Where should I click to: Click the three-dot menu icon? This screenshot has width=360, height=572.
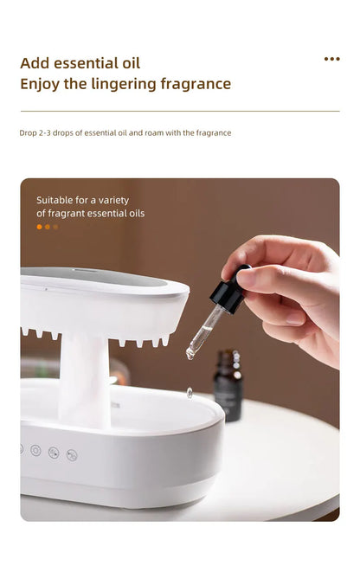331,59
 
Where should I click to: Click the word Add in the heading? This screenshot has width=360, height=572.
35,63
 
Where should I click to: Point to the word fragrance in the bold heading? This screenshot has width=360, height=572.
198,84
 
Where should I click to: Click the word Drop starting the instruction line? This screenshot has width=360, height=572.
28,133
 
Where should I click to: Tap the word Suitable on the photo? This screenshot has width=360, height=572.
55,200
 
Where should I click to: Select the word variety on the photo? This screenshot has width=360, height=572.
112,200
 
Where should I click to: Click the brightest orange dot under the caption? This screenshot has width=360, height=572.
39,227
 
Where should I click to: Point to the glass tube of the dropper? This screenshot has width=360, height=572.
206,330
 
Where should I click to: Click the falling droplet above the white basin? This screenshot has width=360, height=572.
190,392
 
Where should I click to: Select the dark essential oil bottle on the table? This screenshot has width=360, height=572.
228,384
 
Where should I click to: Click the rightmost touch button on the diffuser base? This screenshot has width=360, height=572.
72,454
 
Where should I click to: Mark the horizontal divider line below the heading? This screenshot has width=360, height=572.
180,111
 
